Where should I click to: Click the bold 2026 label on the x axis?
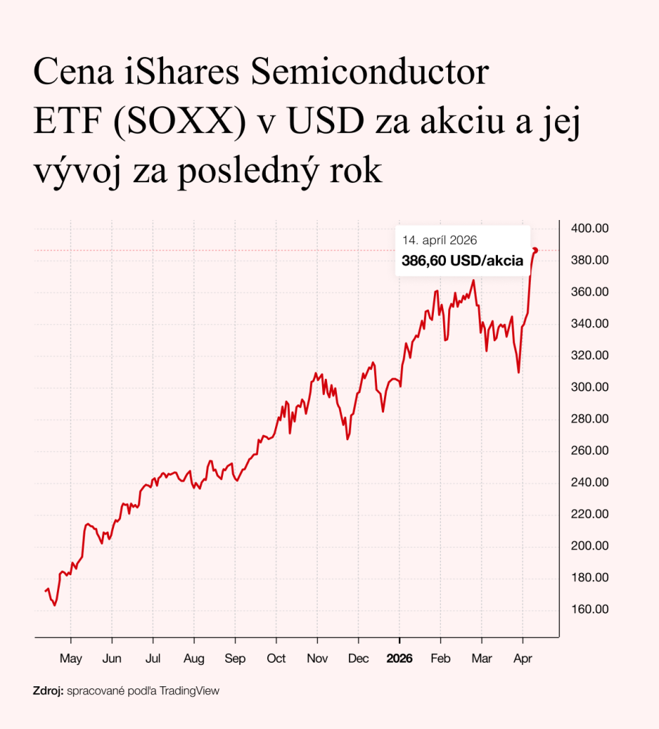[x=399, y=659]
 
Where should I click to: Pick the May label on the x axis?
[x=71, y=659]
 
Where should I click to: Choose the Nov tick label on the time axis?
[x=317, y=659]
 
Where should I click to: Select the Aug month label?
[x=194, y=659]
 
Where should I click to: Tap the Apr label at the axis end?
[x=523, y=659]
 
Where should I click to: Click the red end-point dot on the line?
[x=535, y=250]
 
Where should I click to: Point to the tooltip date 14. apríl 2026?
[x=439, y=240]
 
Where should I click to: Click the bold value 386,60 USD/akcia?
[x=462, y=261]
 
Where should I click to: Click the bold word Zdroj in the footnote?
[x=48, y=691]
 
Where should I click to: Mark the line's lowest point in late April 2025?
[x=55, y=605]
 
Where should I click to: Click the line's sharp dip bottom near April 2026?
[x=519, y=372]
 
